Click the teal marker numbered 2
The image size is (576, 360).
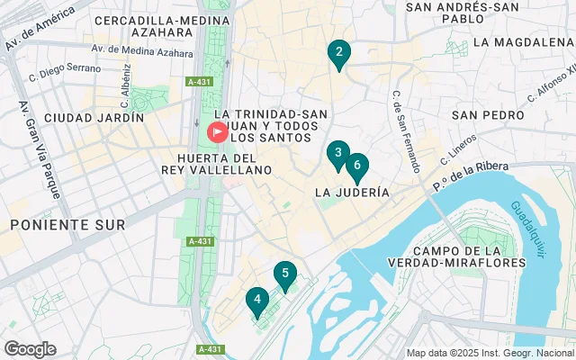[338, 55]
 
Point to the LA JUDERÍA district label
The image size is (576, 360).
[352, 193]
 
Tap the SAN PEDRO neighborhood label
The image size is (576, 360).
[488, 115]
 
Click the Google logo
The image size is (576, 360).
[30, 349]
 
